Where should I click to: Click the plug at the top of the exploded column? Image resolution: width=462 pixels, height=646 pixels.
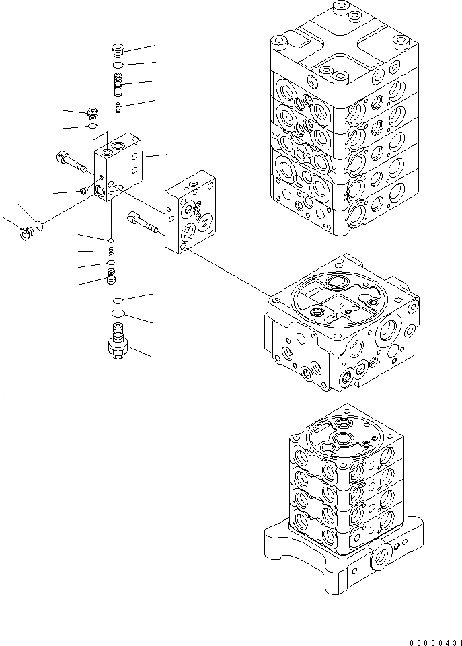(118, 50)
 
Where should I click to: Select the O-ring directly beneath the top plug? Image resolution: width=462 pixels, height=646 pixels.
(118, 65)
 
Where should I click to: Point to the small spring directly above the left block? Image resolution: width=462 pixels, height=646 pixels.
(118, 106)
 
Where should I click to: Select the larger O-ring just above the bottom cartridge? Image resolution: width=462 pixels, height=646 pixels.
(118, 314)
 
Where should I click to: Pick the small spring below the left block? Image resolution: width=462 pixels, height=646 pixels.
(112, 252)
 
